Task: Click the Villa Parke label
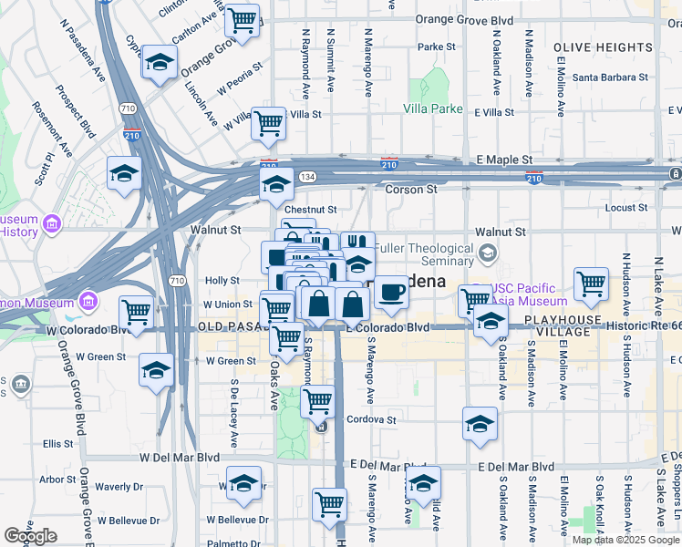click(433, 108)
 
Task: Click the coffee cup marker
click(391, 293)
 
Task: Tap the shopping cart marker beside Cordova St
click(317, 400)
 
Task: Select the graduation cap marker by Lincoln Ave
click(160, 63)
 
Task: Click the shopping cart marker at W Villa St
click(269, 123)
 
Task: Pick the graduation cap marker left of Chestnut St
click(275, 185)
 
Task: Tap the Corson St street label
click(411, 190)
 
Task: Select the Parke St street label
click(437, 46)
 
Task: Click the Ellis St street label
click(57, 444)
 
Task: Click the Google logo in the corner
click(30, 535)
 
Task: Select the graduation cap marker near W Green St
click(156, 370)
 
